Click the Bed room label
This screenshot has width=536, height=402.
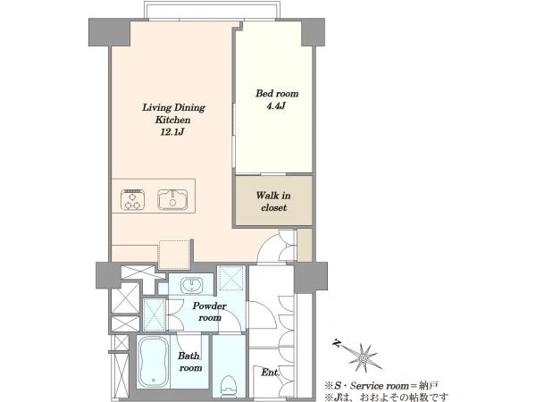point(277,93)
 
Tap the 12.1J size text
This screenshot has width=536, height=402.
point(172,132)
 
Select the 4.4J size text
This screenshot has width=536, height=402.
point(276,105)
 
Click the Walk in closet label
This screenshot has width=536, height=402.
point(273,201)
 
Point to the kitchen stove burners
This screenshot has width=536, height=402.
point(132,199)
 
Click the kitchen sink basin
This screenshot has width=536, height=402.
point(172,199)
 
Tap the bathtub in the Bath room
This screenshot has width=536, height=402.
point(154,361)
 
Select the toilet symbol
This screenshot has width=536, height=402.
point(228,387)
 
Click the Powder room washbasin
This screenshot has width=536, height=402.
point(192,285)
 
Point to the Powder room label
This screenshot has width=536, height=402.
point(209,312)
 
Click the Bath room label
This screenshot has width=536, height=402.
point(189,362)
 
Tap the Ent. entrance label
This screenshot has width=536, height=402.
point(270,373)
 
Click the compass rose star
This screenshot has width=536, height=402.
point(364,357)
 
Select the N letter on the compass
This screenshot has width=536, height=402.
point(337,342)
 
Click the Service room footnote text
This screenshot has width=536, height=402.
point(381,386)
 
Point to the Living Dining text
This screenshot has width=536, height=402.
point(173,108)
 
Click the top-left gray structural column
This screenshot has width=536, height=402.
point(109,32)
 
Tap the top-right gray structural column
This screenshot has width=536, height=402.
point(313,32)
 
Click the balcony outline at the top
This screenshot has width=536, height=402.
point(212,3)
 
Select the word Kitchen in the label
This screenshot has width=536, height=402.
point(173,120)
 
